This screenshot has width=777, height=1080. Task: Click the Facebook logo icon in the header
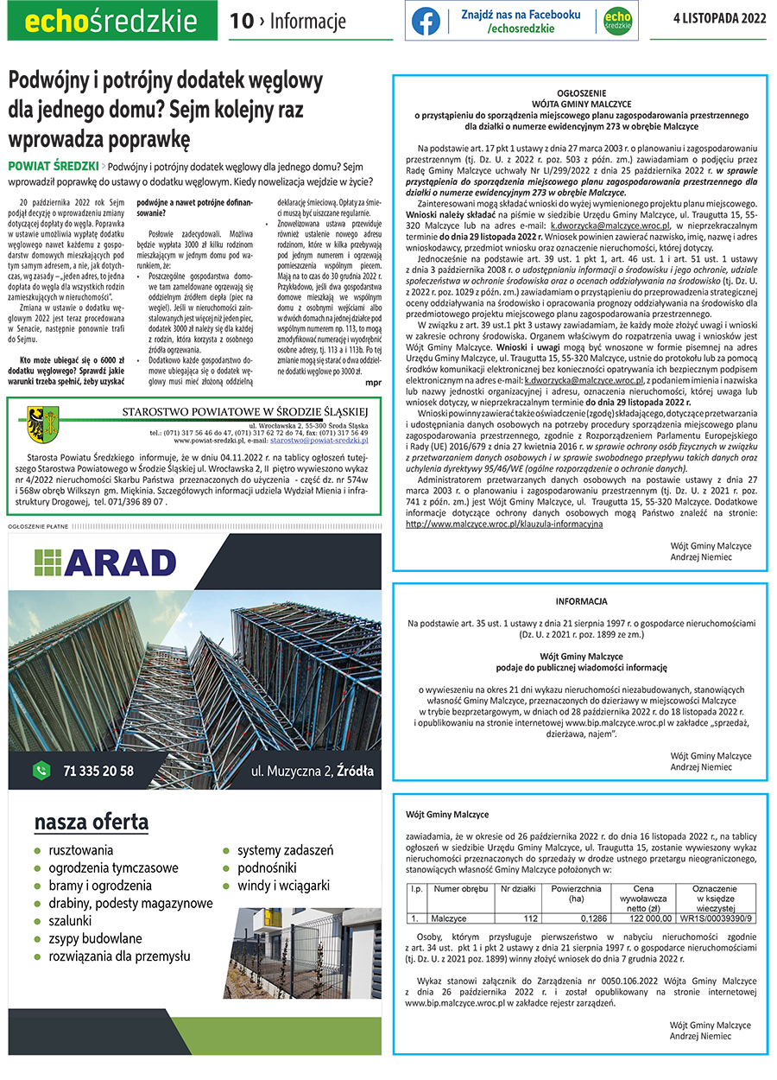(426, 21)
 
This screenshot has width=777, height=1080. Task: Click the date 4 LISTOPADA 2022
(719, 21)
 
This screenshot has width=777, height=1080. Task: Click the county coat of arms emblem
(38, 421)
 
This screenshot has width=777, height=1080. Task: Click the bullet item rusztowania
(81, 850)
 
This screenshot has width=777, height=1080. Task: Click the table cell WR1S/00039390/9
(716, 918)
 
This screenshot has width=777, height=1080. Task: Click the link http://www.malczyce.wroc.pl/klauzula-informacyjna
(504, 524)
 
